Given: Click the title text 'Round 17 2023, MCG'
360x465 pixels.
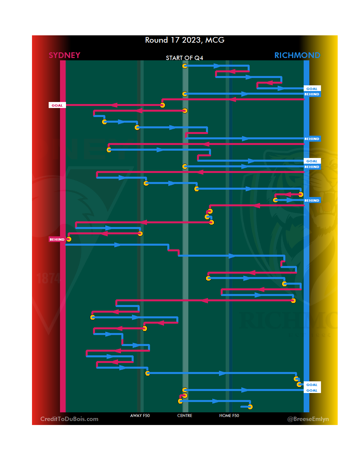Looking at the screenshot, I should (185, 40).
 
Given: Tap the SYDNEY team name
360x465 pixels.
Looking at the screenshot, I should (64, 55).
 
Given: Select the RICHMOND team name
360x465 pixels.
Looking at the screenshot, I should (297, 55).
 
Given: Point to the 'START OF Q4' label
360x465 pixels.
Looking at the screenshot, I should (184, 58).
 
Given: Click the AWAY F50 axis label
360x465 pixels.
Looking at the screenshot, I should (140, 416).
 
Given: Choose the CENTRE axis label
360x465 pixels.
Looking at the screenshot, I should (185, 416).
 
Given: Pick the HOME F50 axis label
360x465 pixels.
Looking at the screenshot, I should (229, 416).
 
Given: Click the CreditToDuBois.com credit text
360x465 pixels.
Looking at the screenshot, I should (69, 419).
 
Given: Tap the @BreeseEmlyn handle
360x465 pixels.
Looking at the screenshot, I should (308, 419).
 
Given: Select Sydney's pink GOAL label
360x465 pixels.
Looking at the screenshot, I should (57, 105).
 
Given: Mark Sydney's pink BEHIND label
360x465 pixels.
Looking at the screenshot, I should (57, 239).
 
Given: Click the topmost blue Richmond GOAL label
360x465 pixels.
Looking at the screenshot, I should (312, 89).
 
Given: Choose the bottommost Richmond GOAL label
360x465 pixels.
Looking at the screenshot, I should (312, 390).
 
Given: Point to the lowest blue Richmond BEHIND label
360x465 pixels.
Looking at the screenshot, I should (312, 200).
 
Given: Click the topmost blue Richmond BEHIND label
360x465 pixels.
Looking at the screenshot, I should (312, 94).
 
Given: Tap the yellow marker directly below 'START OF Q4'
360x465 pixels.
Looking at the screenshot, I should (185, 66).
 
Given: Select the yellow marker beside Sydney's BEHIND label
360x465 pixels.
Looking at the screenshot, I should (69, 239).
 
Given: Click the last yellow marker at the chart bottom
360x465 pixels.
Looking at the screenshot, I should (250, 407).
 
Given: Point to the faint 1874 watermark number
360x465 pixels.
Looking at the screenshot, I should (48, 278).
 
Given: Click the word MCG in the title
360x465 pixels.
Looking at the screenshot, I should (215, 40).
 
